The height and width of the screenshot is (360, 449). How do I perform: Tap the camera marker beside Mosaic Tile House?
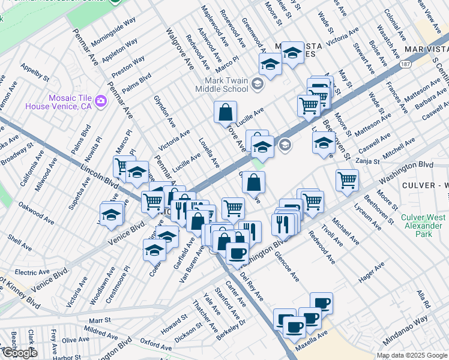point(101,100)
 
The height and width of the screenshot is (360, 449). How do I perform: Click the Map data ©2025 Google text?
point(411,355)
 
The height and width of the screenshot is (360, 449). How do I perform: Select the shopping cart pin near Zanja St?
point(348,179)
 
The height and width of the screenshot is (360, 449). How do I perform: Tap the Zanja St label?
point(369,161)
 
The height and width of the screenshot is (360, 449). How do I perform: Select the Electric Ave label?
point(28,272)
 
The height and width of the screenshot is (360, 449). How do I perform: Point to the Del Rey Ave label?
point(252,288)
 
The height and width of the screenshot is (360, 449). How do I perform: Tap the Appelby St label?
point(34,73)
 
